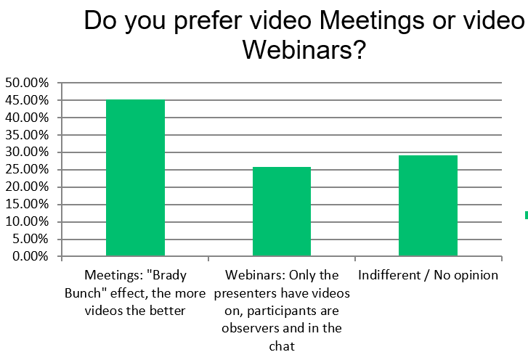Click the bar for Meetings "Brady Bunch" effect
tap(135, 178)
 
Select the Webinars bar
tap(282, 212)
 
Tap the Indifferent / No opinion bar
tap(428, 205)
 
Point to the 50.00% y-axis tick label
tap(27, 83)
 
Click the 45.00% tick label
tap(27, 100)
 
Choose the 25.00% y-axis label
tap(27, 170)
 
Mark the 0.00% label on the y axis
tap(31, 256)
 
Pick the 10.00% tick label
tap(27, 221)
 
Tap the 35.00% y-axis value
tap(27, 135)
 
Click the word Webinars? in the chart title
tap(304, 50)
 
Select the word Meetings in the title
tap(372, 21)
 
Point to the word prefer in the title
tap(208, 21)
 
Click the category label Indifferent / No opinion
tap(428, 275)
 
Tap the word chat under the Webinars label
tap(282, 346)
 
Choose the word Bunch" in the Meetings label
tap(83, 293)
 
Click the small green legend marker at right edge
tap(527, 215)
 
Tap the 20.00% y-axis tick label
tap(27, 187)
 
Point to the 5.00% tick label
tap(31, 240)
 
